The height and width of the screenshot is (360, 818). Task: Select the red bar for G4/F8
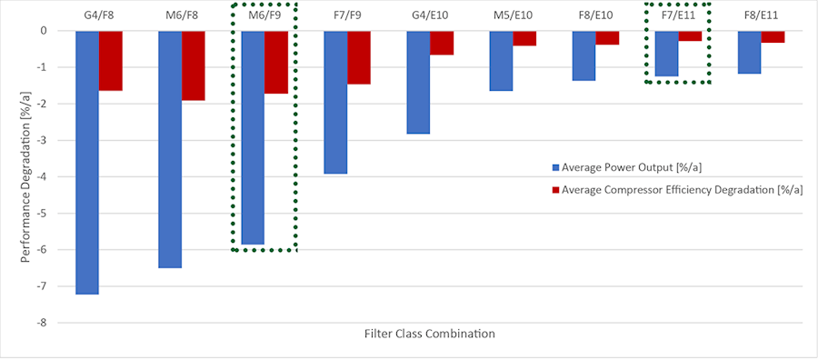[x=111, y=60]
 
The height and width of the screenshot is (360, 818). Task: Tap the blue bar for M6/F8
[x=170, y=149]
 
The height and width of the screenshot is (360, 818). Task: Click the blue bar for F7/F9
[x=335, y=102]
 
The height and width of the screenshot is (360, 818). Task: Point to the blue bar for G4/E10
[x=418, y=82]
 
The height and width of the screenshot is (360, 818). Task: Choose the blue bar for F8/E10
[x=584, y=55]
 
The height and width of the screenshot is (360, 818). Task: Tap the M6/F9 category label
[x=264, y=15]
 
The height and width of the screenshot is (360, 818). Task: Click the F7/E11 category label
[x=678, y=15]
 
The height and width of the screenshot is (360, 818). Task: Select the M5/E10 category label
[x=513, y=15]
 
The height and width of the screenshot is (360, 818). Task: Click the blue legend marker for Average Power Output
[x=555, y=168]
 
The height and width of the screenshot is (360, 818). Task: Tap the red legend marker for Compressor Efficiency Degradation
[x=555, y=190]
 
